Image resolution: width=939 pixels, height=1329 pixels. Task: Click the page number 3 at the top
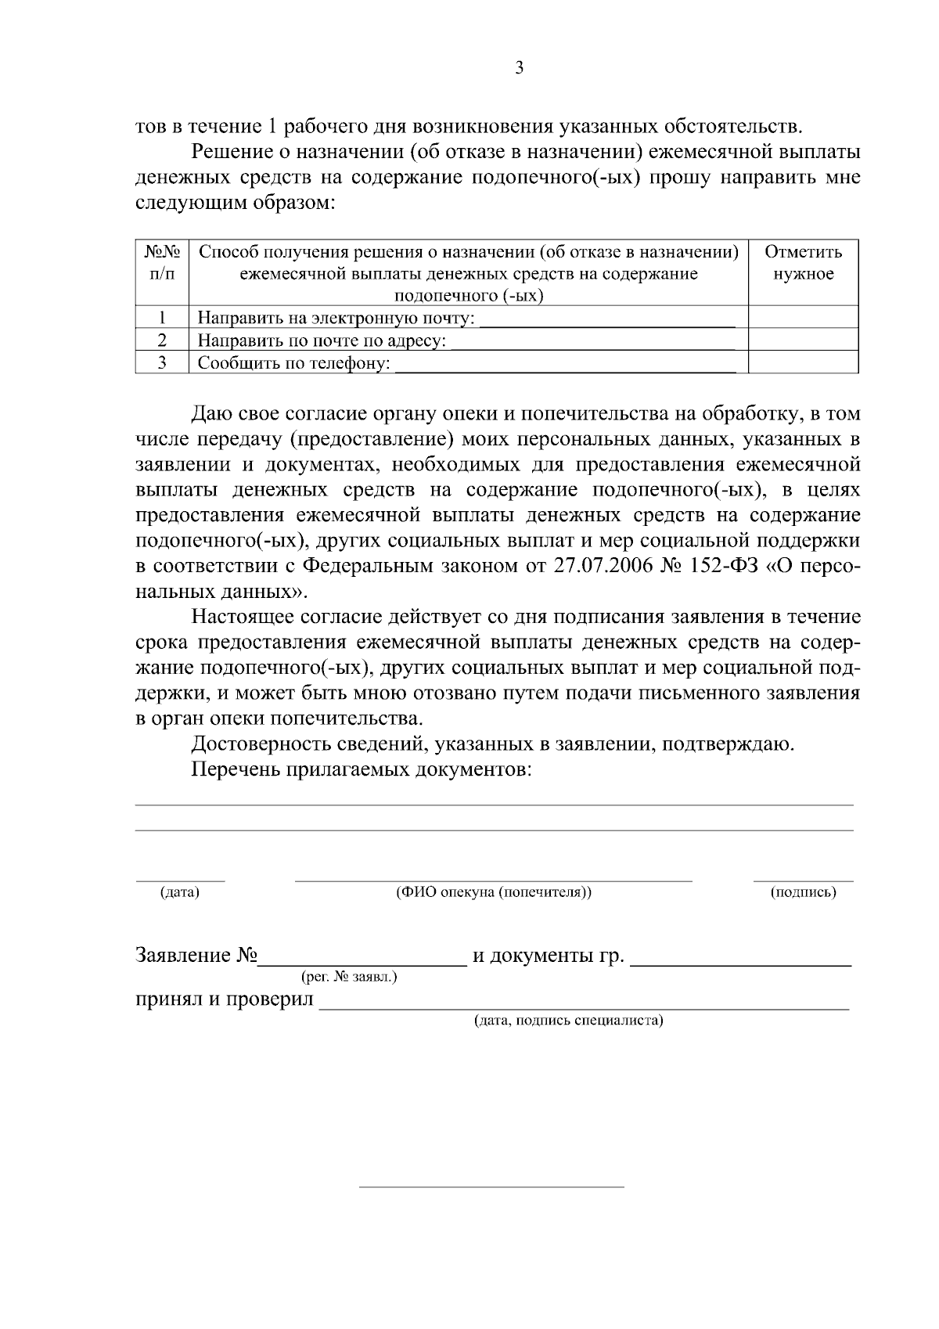[519, 69]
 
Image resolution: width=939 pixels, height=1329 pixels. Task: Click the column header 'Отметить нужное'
[803, 263]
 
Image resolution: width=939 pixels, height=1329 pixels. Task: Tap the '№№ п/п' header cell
[162, 263]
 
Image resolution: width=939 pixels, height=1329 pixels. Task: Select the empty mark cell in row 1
[803, 317]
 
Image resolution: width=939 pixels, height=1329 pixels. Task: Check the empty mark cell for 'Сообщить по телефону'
[803, 362]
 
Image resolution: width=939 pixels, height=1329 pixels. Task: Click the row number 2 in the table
[162, 340]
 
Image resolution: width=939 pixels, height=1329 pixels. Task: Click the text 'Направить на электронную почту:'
[336, 319]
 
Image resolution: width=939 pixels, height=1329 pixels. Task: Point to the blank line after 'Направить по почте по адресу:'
[592, 341]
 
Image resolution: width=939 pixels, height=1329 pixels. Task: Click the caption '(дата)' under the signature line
[179, 892]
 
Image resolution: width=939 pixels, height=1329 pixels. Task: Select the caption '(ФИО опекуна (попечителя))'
[494, 892]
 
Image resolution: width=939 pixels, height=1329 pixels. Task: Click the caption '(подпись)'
[803, 892]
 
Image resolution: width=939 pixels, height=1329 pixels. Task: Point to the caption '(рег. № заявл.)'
[348, 977]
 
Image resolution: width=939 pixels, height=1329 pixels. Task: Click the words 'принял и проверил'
[225, 999]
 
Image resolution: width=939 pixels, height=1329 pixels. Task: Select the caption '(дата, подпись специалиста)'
[569, 1021]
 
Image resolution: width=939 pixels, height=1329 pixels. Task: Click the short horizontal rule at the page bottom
[491, 1187]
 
